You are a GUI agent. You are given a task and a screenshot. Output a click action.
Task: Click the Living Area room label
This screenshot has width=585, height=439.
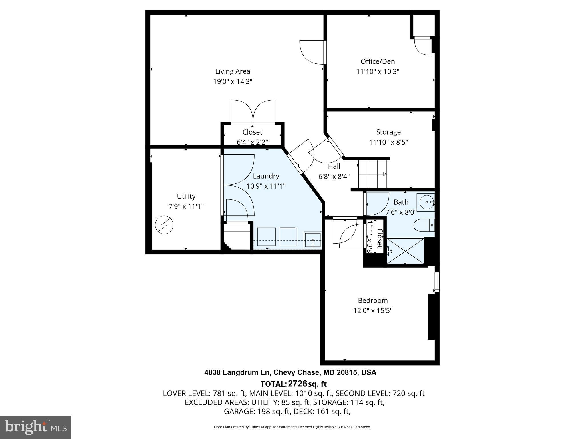[x=233, y=71]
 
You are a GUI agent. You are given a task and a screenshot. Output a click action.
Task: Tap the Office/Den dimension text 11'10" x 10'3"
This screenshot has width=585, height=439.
[x=378, y=72]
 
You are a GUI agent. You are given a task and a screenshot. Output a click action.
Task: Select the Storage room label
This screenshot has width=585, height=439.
[x=388, y=132]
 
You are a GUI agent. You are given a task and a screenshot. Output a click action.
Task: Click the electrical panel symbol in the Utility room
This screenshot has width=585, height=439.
[x=164, y=225]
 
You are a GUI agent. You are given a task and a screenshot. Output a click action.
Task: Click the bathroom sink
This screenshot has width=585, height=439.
[x=426, y=202]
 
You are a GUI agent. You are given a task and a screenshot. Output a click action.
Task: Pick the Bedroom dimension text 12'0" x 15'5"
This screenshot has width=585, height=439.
[x=373, y=311]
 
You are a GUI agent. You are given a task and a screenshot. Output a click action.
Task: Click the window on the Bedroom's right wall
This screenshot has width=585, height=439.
[x=437, y=282]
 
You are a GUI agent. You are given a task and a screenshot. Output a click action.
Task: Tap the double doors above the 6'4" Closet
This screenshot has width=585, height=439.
[x=253, y=112]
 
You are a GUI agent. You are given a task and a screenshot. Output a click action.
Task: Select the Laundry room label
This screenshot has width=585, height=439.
[x=266, y=176]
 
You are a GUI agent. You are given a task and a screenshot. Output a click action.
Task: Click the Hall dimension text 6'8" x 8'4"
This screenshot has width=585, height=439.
[x=334, y=177]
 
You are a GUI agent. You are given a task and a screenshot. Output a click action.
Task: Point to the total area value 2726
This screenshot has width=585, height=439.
[x=297, y=384]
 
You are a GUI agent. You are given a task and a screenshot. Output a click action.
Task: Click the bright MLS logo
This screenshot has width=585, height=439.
[x=36, y=427]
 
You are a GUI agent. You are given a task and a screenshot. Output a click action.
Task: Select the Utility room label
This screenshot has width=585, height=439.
[x=186, y=197]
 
